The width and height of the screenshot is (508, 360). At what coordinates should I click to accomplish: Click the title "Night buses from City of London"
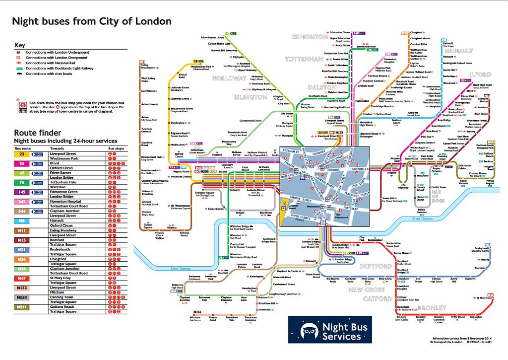(92, 21)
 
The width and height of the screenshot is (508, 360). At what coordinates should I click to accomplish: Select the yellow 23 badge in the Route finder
(21, 154)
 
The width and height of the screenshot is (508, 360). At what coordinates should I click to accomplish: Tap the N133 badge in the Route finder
(21, 288)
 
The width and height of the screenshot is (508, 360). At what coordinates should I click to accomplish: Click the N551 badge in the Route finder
(21, 307)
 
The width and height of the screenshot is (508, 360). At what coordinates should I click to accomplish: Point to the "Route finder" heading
(38, 133)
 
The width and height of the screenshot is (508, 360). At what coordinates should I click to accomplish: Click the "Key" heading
(20, 45)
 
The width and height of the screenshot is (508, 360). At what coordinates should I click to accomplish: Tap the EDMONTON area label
(310, 37)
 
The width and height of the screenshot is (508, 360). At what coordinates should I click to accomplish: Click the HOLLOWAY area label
(229, 78)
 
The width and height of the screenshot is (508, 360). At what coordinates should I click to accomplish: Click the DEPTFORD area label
(375, 267)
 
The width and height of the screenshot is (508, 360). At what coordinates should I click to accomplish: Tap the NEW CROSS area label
(366, 289)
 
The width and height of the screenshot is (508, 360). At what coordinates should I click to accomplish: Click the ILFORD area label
(480, 74)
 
